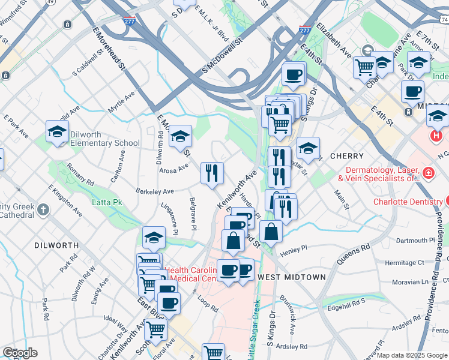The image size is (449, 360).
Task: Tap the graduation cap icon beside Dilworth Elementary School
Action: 58,133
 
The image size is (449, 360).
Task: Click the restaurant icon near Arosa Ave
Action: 211,174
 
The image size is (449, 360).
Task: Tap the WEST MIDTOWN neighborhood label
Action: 291,277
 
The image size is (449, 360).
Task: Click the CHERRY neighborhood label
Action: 345,155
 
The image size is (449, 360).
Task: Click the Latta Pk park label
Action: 107,202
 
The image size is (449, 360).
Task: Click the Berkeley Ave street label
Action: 154,191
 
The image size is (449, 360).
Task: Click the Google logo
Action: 19,353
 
